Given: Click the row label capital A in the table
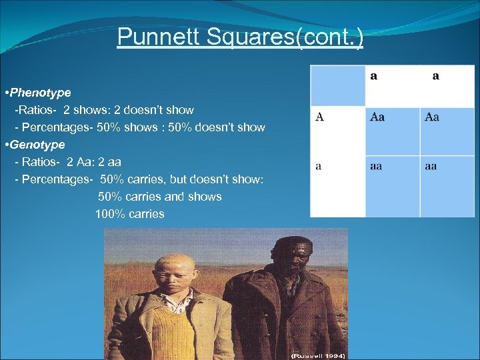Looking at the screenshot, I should tap(320, 117).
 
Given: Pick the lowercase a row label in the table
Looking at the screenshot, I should tap(319, 166).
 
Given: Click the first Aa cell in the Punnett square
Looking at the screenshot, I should tap(377, 117).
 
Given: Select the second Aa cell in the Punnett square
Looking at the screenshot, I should tap(432, 117).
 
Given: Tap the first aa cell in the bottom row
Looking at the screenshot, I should tap(377, 166).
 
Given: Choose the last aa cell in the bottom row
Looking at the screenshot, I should tap(431, 166).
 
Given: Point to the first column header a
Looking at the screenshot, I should tap(373, 76).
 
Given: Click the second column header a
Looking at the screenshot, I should tap(435, 76).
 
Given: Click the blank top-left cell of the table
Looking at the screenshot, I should tap(337, 85).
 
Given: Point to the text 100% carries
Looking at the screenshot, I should tap(129, 214).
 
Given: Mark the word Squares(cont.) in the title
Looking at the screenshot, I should tap(287, 37).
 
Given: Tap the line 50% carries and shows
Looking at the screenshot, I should tap(159, 197).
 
